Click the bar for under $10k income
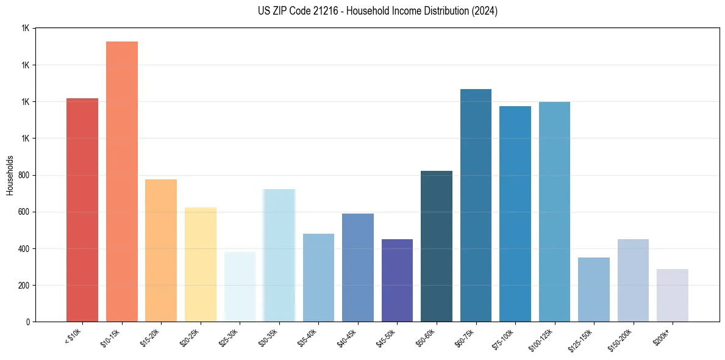click(82, 210)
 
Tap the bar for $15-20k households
click(161, 251)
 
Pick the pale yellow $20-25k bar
click(201, 265)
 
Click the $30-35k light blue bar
click(279, 256)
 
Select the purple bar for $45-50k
click(397, 281)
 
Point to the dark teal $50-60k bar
click(437, 247)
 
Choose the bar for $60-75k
click(476, 206)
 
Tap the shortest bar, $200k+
click(673, 295)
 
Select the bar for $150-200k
click(633, 281)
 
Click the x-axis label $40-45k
click(346, 337)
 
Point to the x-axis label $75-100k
click(502, 339)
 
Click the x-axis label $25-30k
click(228, 337)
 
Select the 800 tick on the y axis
click(25, 176)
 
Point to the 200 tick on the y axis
click(25, 286)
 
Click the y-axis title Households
click(10, 175)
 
